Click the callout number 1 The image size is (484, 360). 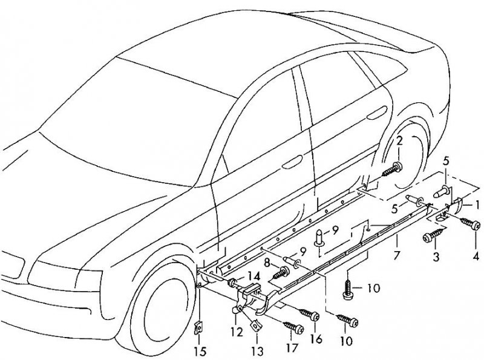477,205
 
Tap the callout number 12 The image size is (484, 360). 237,332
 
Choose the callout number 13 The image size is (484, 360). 257,350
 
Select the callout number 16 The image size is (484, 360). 315,338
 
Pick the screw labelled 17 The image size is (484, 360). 293,328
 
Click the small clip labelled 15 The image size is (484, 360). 197,328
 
